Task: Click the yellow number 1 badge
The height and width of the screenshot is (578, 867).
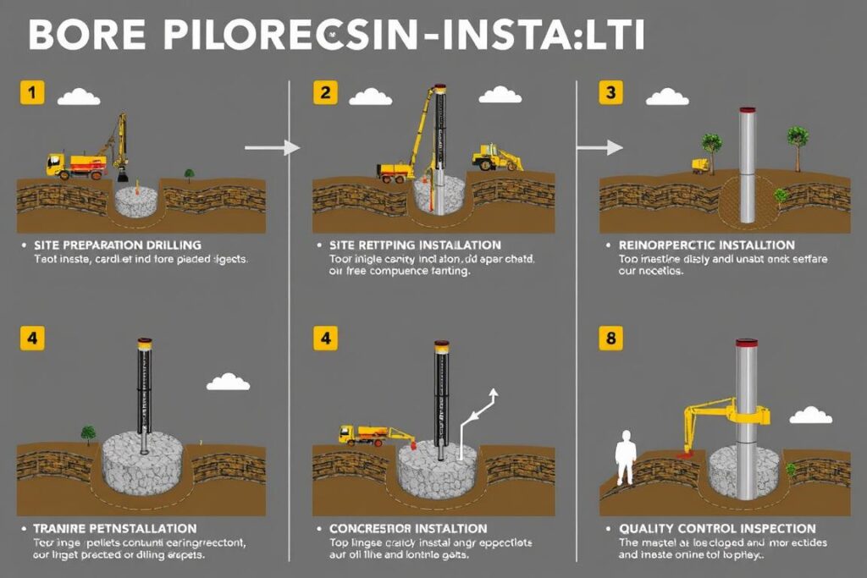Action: pos(30,92)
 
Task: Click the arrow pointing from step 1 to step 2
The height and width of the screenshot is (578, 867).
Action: pos(272,148)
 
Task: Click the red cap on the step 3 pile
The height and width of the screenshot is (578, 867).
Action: pos(747,110)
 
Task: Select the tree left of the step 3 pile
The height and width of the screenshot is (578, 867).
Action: pos(711,146)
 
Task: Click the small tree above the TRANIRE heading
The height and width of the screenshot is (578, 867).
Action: pos(88,434)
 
